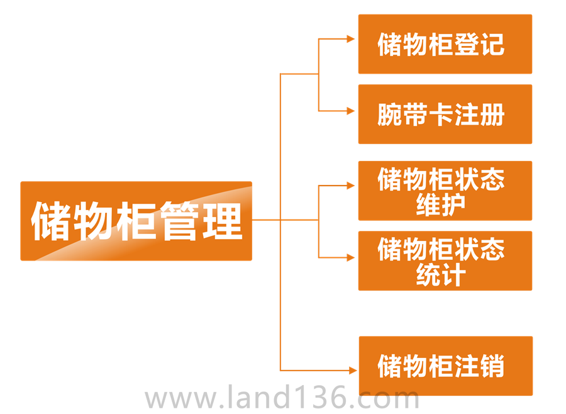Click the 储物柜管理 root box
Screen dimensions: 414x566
pos(136,221)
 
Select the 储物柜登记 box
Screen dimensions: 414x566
pos(445,44)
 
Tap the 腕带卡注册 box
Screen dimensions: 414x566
pos(445,115)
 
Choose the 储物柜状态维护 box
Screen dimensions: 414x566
pos(445,191)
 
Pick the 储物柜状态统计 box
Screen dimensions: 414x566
pos(445,261)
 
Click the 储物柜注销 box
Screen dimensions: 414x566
pos(445,366)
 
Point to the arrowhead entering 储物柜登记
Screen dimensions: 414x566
pos(351,39)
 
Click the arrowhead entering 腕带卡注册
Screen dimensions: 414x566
pos(351,111)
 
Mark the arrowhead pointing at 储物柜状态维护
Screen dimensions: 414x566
pos(351,186)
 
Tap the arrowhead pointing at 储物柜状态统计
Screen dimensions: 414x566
pos(351,257)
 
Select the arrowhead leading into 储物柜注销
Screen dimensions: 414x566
pos(351,371)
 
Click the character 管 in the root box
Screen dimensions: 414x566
pos(179,221)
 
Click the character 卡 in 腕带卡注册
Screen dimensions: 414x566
pos(441,115)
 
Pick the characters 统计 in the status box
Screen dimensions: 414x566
pos(441,275)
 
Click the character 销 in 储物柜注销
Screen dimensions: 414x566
pos(492,366)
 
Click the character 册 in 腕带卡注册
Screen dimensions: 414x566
pos(492,115)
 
